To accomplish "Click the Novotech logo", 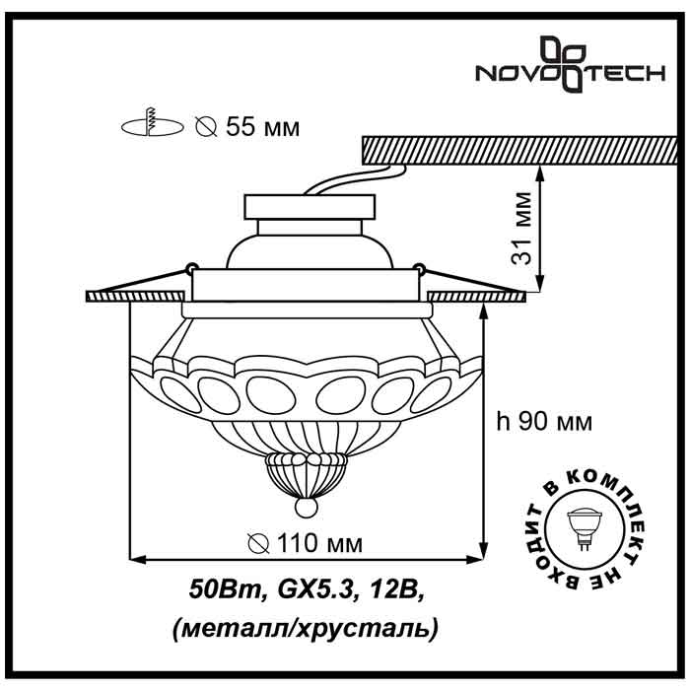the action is [570, 65].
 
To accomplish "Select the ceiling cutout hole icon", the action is [152, 123].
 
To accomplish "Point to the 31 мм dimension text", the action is [521, 228].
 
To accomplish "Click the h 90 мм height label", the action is [544, 422].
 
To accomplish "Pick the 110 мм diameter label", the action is [305, 543].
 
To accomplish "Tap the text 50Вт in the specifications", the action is [226, 589].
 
